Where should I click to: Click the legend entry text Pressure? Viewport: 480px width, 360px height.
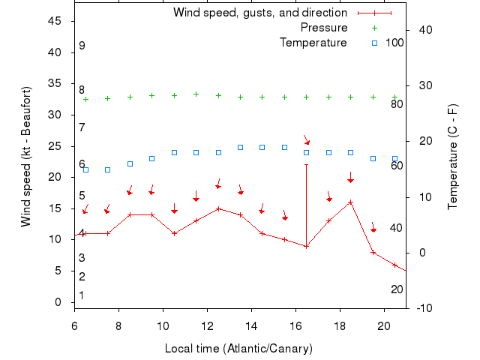324,28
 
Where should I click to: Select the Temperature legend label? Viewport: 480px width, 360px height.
313,42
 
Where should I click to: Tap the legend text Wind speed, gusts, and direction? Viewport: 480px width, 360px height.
260,13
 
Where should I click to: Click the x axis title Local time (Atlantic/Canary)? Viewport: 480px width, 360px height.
238,349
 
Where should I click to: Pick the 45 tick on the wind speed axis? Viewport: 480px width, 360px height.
55,21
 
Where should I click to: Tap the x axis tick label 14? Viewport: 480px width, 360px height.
252,326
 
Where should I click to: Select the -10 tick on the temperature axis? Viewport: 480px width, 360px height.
422,308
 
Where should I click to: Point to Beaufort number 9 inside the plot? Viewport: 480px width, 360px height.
82,46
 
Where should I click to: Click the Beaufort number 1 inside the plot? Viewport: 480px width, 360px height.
82,295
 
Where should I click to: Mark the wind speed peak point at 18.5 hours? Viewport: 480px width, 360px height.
350,202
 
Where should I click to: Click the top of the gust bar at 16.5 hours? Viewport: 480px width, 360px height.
306,164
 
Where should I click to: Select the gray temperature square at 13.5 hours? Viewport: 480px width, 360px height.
240,147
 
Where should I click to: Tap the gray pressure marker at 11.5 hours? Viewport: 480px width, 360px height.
196,94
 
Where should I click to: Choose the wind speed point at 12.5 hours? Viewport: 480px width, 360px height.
218,208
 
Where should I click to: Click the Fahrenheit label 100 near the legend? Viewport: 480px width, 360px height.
394,42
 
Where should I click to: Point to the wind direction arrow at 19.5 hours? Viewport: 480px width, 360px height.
373,227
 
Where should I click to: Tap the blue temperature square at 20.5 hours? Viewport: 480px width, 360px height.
394,158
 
